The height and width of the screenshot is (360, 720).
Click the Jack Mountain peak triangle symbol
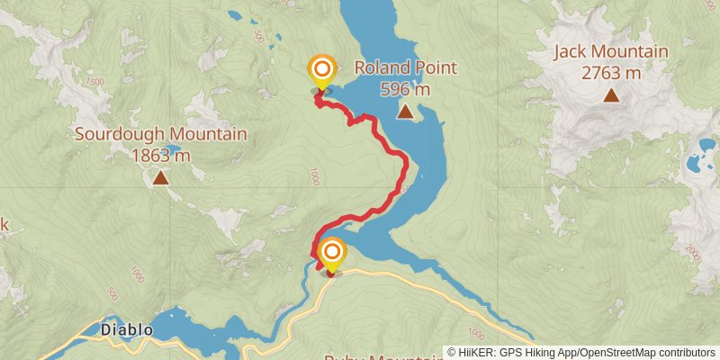coord(611,94)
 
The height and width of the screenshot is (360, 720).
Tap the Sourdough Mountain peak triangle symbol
coord(160,177)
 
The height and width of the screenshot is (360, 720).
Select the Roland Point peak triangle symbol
coord(406,112)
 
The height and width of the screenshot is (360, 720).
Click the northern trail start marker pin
coord(321,71)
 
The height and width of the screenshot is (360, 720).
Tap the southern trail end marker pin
coord(332,254)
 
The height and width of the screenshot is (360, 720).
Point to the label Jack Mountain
coord(610,51)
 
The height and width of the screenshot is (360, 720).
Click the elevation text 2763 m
coord(611,73)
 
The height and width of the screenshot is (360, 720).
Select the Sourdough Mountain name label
coord(160,134)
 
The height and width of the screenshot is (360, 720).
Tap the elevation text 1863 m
coord(160,155)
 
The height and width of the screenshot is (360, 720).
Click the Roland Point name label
coord(406,67)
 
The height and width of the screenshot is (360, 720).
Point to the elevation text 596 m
coord(406,89)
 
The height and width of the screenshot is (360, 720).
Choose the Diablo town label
coord(126,330)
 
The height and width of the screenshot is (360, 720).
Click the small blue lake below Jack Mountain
coord(695,164)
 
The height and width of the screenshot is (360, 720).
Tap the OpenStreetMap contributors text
coord(646,353)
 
